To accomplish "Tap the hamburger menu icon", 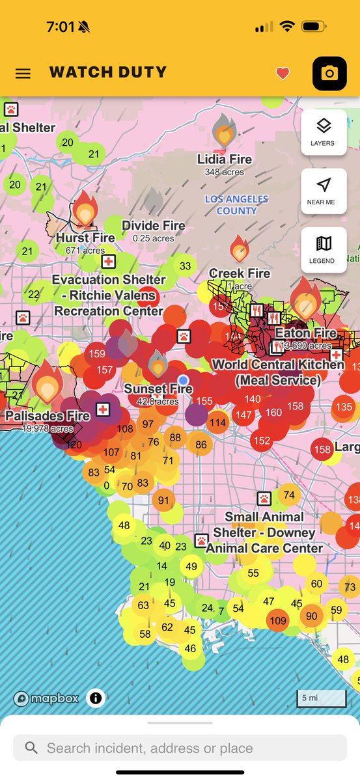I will click(23, 73).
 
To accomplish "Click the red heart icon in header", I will click(283, 74).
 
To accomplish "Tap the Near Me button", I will click(323, 191).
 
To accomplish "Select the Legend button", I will click(323, 249).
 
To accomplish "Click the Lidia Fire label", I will click(224, 159).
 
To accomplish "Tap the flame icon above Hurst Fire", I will click(85, 209).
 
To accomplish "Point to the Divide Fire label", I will click(154, 226).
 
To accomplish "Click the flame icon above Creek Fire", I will click(240, 249).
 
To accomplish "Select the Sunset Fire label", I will click(158, 389).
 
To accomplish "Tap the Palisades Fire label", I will click(47, 416).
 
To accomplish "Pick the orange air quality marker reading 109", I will click(278, 620).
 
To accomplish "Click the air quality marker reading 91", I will click(163, 501).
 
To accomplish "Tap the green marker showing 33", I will click(186, 266).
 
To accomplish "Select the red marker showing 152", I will click(262, 441).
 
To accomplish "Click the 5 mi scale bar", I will click(322, 698).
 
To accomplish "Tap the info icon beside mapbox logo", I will click(96, 698).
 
